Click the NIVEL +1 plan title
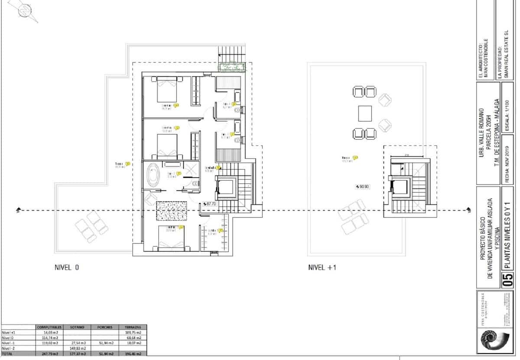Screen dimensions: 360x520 point(322,268)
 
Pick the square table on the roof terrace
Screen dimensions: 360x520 point(365,114)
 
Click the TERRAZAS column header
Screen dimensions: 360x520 point(133,327)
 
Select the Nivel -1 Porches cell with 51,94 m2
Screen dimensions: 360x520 point(105,343)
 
